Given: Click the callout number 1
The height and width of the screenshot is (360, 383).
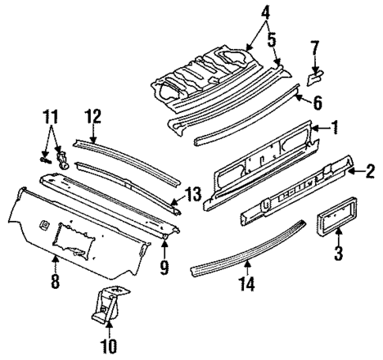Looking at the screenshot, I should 336,126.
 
